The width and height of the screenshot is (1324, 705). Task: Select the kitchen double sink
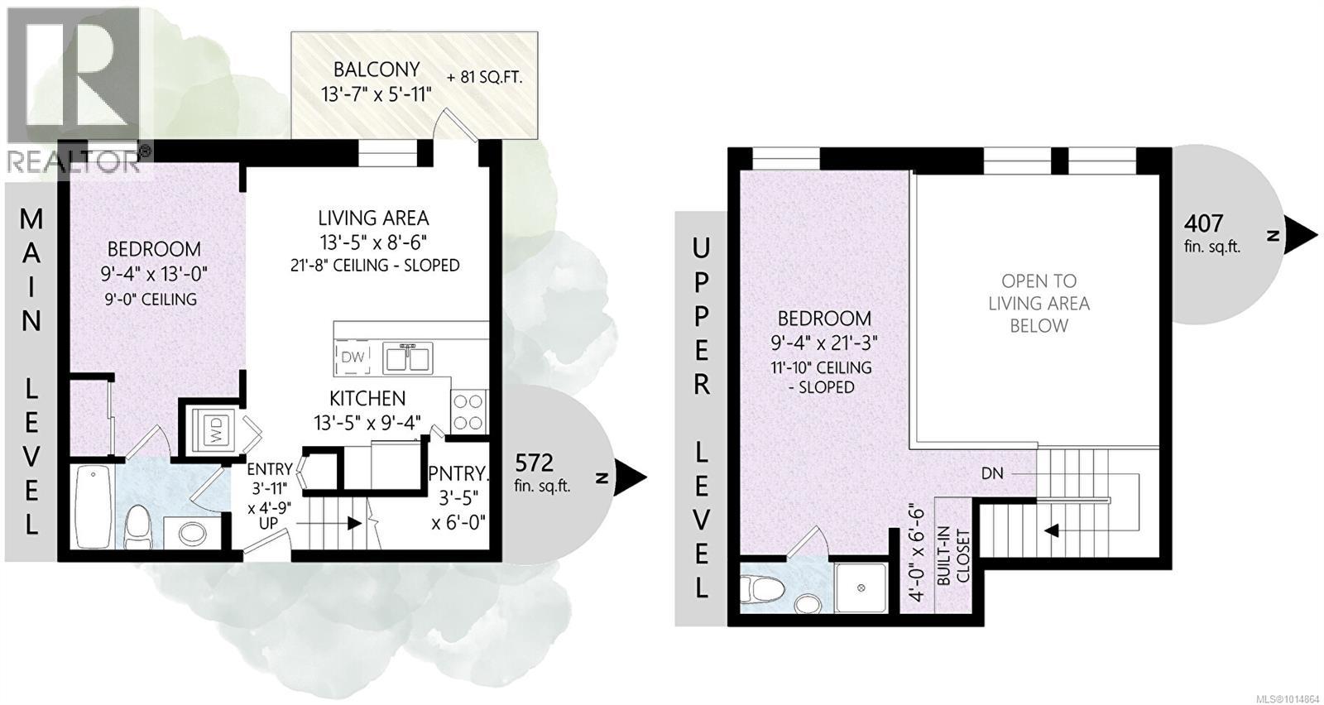coord(407,357)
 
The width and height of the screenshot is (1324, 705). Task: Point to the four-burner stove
coord(468,411)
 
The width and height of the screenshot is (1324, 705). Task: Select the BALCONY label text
coord(377,70)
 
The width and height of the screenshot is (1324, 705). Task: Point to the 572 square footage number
coord(534,462)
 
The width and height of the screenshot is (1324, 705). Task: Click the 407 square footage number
coord(1203,223)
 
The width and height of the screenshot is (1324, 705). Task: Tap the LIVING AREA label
coord(373,218)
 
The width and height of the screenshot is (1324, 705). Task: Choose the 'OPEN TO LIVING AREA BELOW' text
coord(1039,303)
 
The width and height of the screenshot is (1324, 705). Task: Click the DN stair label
coord(992,473)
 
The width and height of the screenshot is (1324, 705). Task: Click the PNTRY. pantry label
coord(458,474)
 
